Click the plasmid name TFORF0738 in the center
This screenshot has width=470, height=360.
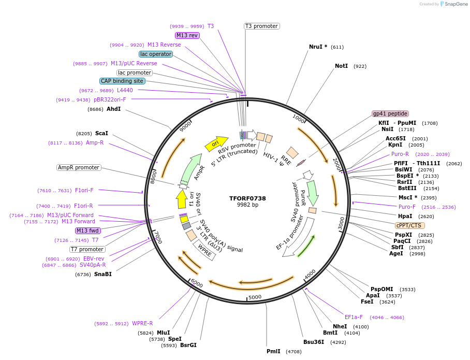pyautogui.click(x=247, y=198)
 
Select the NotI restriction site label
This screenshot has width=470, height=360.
pyautogui.click(x=342, y=66)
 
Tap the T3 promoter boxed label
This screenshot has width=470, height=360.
pyautogui.click(x=261, y=26)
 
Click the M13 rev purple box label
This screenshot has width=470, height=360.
pyautogui.click(x=187, y=35)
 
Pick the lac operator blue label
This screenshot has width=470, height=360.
pyautogui.click(x=155, y=54)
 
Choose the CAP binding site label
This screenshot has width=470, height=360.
pyautogui.click(x=122, y=81)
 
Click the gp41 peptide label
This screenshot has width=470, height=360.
pyautogui.click(x=390, y=113)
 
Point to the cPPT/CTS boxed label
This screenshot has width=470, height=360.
pyautogui.click(x=410, y=225)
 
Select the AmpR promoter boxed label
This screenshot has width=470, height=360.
pyautogui.click(x=79, y=167)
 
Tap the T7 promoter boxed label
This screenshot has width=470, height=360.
pyautogui.click(x=87, y=249)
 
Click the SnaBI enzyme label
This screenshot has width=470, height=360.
pyautogui.click(x=102, y=275)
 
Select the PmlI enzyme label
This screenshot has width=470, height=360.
pyautogui.click(x=273, y=351)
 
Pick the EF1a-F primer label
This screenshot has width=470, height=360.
pyautogui.click(x=354, y=317)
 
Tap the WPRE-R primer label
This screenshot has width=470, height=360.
pyautogui.click(x=142, y=323)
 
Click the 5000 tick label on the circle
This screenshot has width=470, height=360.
pyautogui.click(x=255, y=297)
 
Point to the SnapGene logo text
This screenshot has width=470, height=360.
pyautogui.click(x=456, y=4)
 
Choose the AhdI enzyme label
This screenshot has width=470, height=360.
pyautogui.click(x=113, y=109)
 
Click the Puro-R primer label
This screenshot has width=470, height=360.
pyautogui.click(x=400, y=154)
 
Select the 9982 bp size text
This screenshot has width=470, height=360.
pyautogui.click(x=247, y=205)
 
